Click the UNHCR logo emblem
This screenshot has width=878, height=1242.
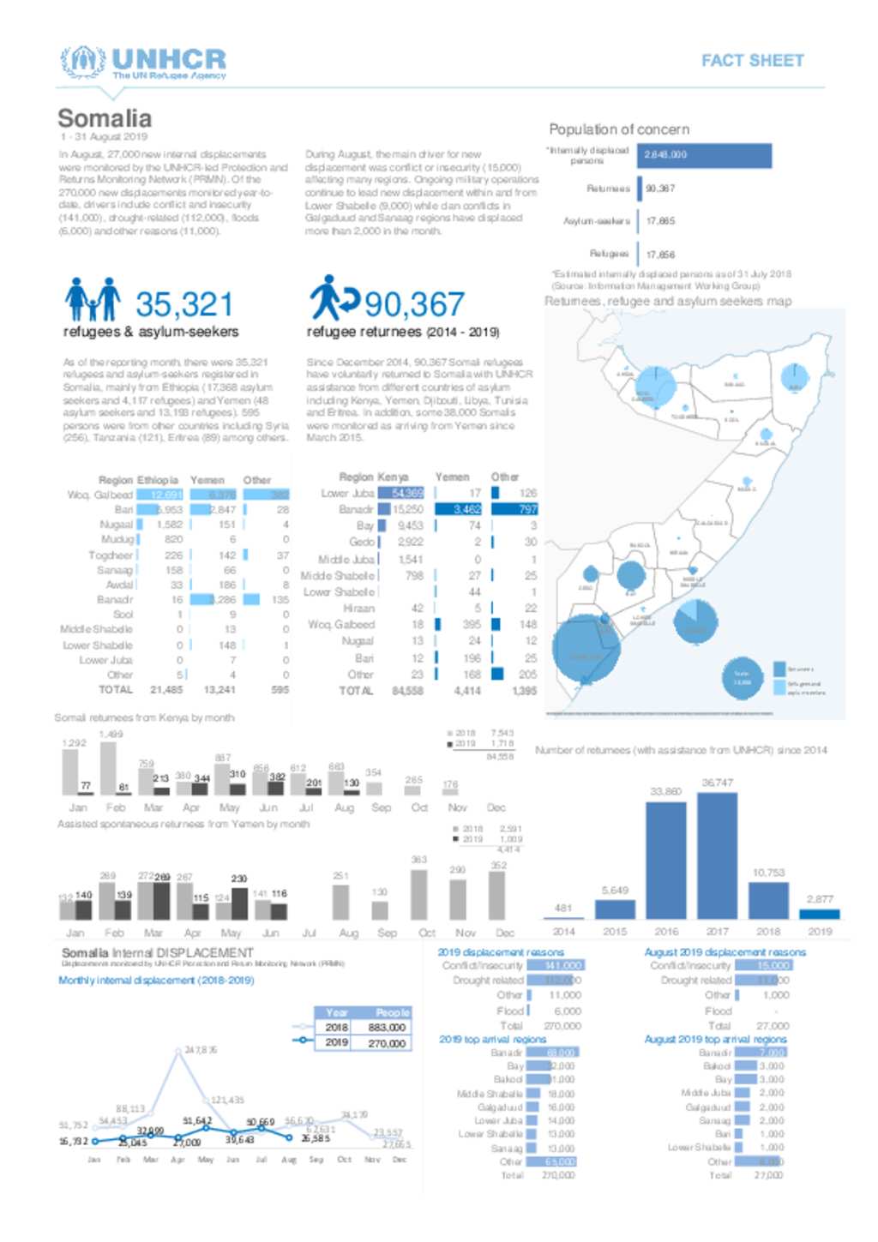point(82,61)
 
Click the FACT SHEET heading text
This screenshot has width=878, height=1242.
point(752,61)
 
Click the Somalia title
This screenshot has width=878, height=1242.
point(105,118)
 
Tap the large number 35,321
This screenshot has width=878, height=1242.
point(184,304)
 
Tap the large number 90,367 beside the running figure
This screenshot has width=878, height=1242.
point(414,304)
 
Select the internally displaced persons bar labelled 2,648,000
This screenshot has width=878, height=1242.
point(706,155)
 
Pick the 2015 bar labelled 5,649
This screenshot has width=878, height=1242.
point(615,909)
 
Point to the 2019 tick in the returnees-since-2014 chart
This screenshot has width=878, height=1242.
point(819,931)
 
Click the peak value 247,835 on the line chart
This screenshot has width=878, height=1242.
point(201,1049)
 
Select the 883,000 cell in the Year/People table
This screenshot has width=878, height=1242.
point(386,1027)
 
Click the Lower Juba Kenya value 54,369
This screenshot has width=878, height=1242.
point(407,493)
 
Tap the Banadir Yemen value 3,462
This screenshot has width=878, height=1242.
point(467,509)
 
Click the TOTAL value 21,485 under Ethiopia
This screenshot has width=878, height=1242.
point(166,689)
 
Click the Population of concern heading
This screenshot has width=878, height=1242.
point(618,129)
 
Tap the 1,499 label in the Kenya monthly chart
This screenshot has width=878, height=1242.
point(111,735)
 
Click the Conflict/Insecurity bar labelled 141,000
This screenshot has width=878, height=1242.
point(556,965)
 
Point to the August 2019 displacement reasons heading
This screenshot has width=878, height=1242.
point(725,951)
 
